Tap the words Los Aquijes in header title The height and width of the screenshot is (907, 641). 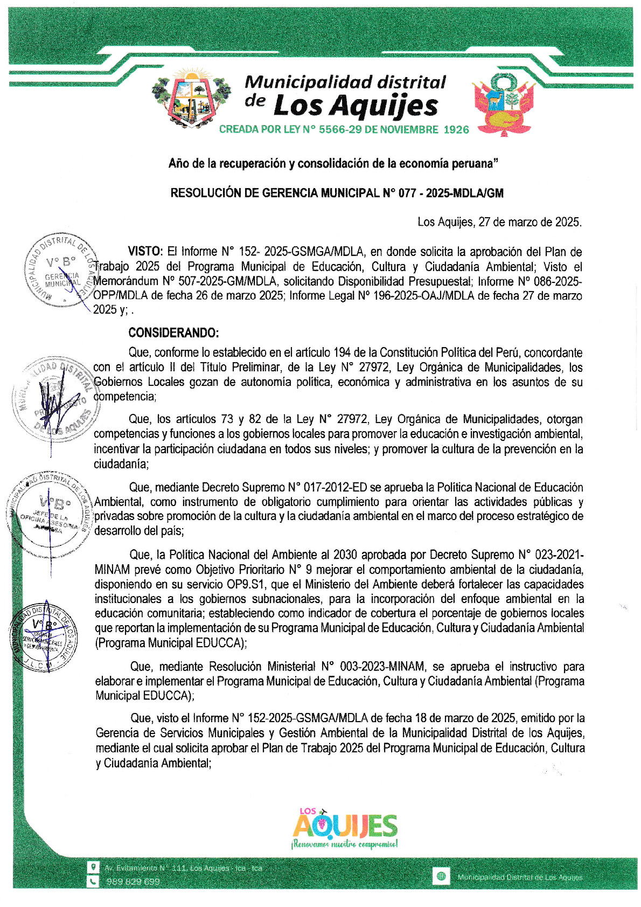pyautogui.click(x=356, y=106)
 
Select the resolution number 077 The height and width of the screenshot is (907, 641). pyautogui.click(x=407, y=193)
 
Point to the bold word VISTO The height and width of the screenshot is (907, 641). pyautogui.click(x=145, y=252)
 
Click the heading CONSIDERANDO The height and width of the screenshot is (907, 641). pyautogui.click(x=173, y=333)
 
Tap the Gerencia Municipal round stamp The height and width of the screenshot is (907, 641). pyautogui.click(x=61, y=271)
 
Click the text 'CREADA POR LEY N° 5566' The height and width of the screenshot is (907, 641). pyautogui.click(x=280, y=130)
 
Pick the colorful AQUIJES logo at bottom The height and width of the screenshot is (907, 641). pyautogui.click(x=345, y=825)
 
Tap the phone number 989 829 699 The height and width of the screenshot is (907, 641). pyautogui.click(x=133, y=882)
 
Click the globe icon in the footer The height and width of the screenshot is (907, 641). pyautogui.click(x=441, y=876)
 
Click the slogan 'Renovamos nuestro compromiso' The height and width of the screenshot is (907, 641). pyautogui.click(x=345, y=844)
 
